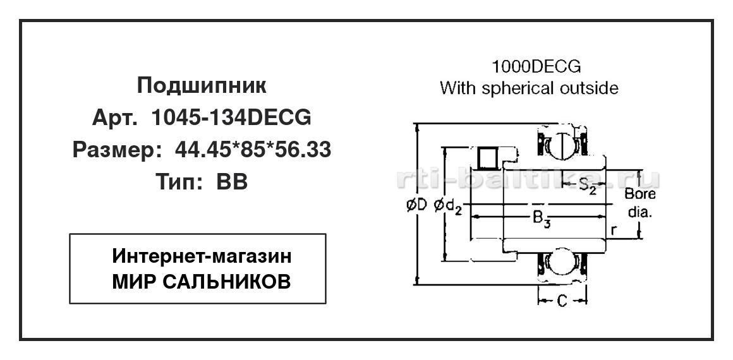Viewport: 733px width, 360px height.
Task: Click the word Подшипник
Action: tap(202, 85)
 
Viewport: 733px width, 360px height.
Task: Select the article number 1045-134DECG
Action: tap(231, 117)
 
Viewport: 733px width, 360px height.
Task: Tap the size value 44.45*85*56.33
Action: tap(253, 150)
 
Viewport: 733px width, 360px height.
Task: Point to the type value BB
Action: tap(232, 182)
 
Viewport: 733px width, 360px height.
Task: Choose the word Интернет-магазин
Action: tap(202, 256)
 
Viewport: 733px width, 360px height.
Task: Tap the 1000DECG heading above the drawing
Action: tap(536, 67)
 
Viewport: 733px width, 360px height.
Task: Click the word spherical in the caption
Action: tap(525, 88)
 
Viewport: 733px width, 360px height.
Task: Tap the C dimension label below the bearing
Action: tap(562, 301)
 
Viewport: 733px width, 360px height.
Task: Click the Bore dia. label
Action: tap(640, 203)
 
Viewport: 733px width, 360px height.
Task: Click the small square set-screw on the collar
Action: tap(488, 157)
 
